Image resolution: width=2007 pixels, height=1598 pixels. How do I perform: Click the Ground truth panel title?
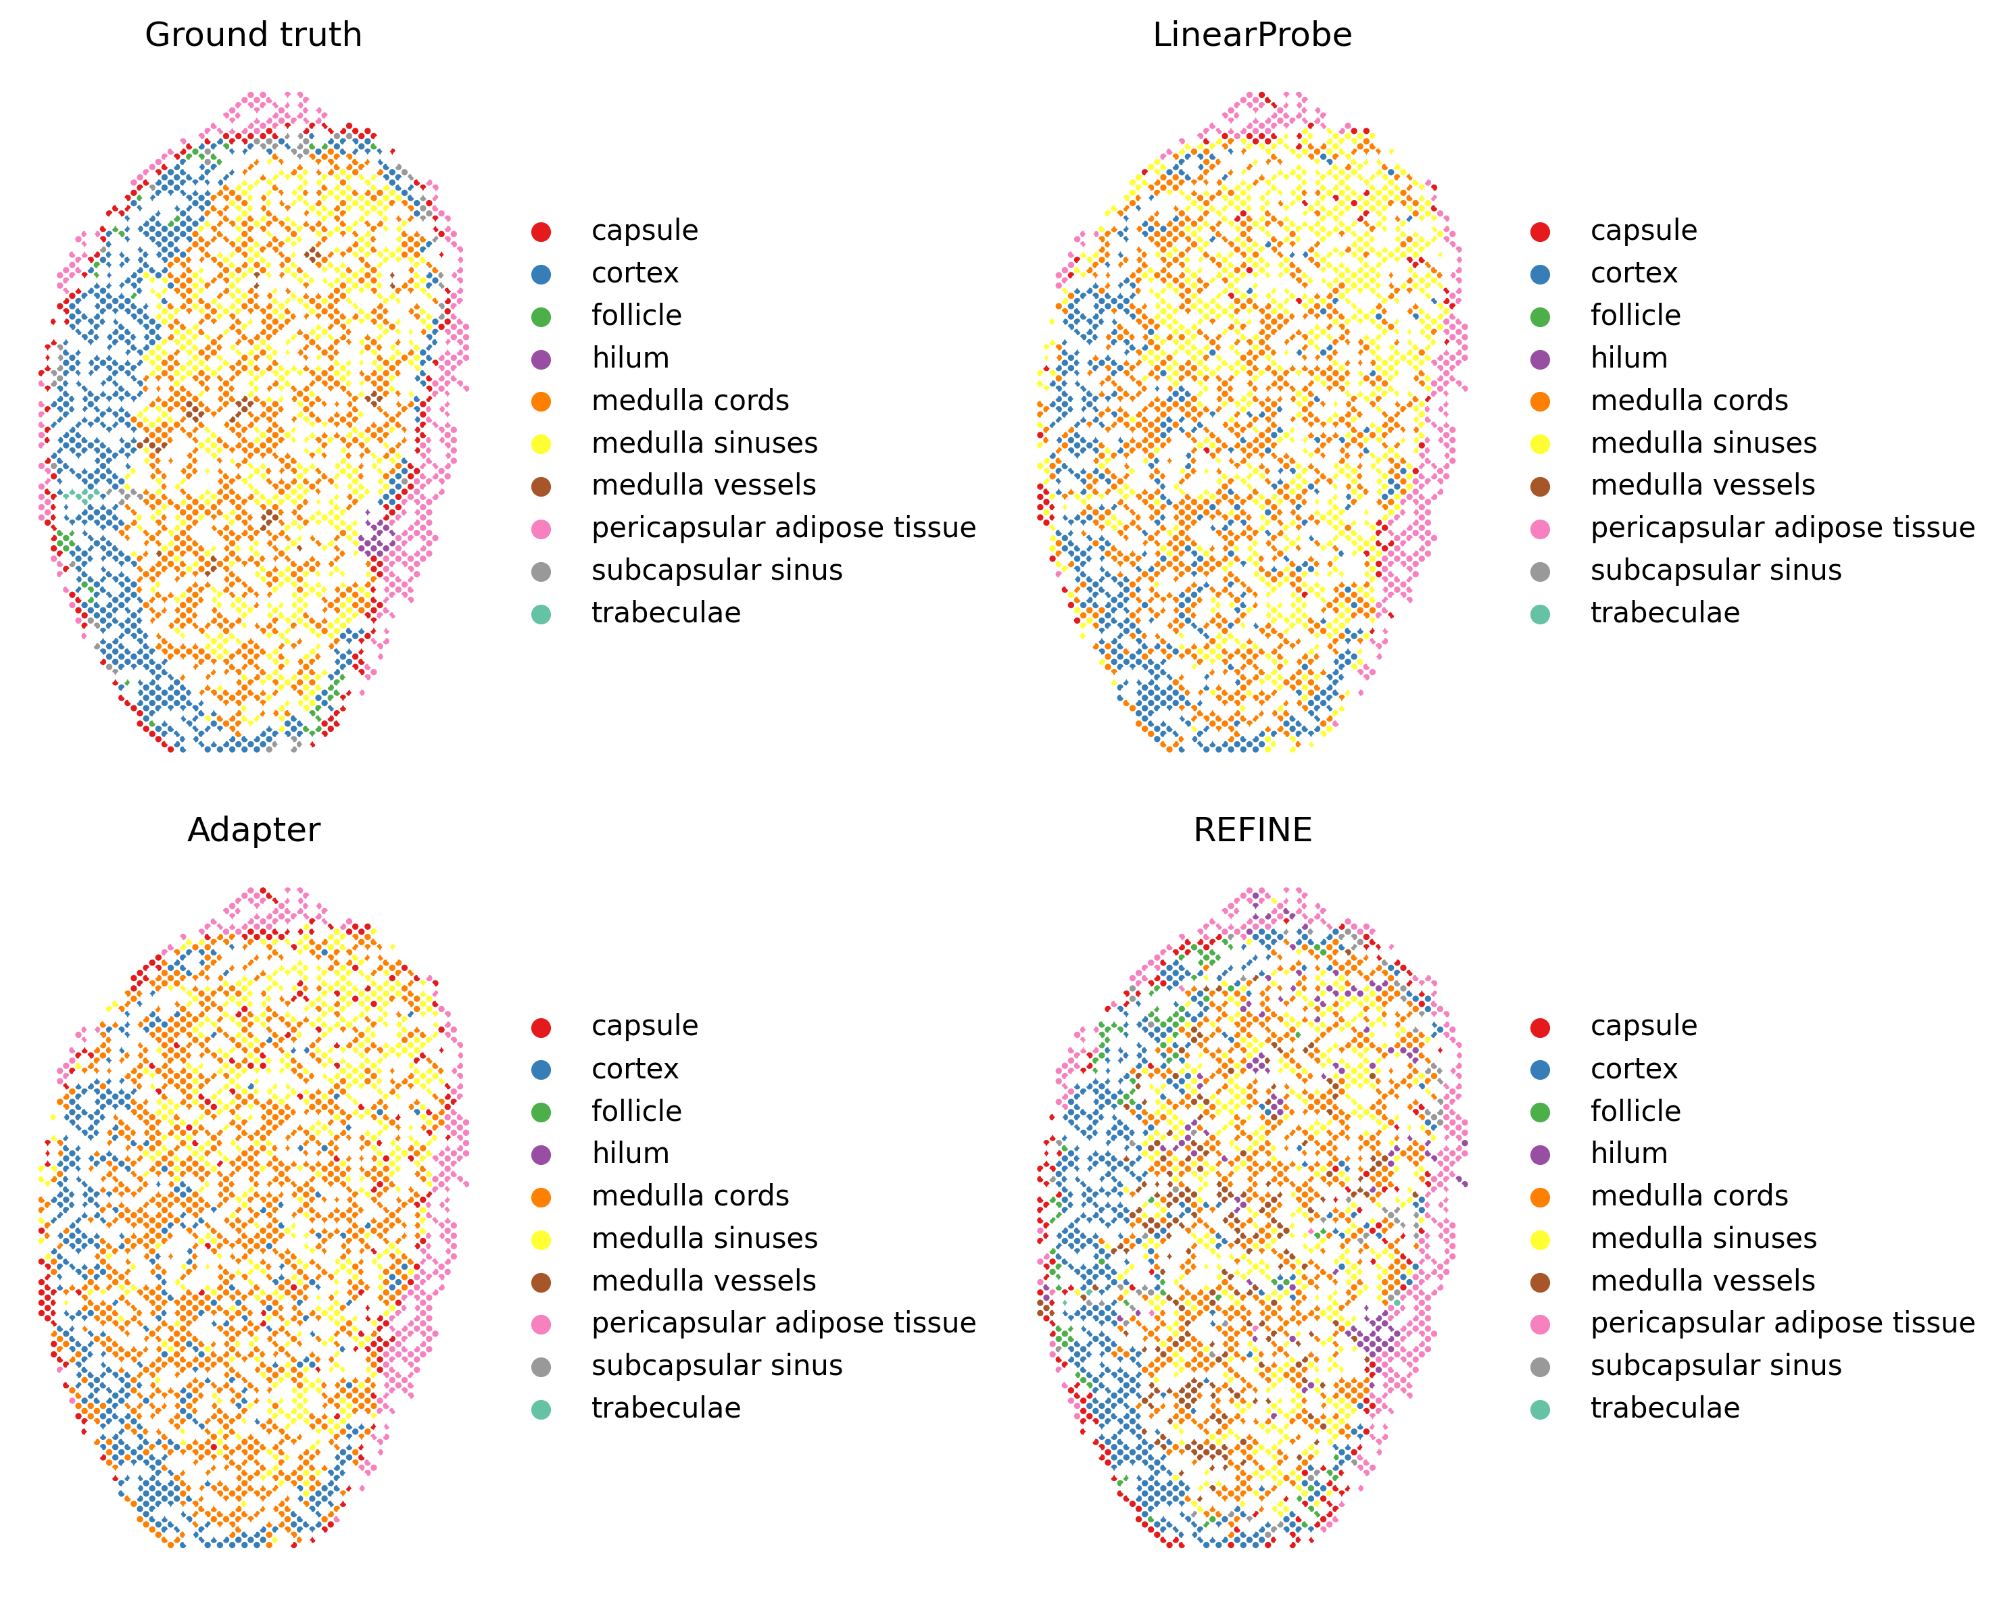253,35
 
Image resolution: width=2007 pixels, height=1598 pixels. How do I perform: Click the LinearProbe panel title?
1252,35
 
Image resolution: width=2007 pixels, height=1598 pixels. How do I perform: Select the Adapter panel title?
253,830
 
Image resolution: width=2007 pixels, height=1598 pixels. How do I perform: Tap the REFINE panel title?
1252,830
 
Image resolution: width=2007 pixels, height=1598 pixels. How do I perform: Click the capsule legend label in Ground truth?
644,231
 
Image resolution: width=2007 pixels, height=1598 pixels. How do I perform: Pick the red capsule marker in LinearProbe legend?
1540,232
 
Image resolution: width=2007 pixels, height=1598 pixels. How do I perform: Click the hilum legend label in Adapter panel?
630,1154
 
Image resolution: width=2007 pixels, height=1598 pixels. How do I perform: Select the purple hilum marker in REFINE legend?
1540,1155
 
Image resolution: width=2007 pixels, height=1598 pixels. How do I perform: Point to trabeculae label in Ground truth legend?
666,614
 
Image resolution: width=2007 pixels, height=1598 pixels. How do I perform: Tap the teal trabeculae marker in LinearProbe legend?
1540,614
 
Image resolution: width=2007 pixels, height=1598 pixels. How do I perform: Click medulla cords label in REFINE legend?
1689,1196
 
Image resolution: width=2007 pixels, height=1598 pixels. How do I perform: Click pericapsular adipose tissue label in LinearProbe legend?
1782,528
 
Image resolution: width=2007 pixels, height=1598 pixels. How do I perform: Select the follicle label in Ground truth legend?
636,316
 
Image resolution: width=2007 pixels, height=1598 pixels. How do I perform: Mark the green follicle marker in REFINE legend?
1540,1112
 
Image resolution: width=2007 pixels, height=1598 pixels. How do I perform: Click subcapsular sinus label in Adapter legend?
717,1366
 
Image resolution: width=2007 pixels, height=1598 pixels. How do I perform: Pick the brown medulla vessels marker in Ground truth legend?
541,486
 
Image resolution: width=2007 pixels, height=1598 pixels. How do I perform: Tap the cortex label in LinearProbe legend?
1634,274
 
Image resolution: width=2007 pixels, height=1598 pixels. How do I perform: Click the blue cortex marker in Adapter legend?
541,1070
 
